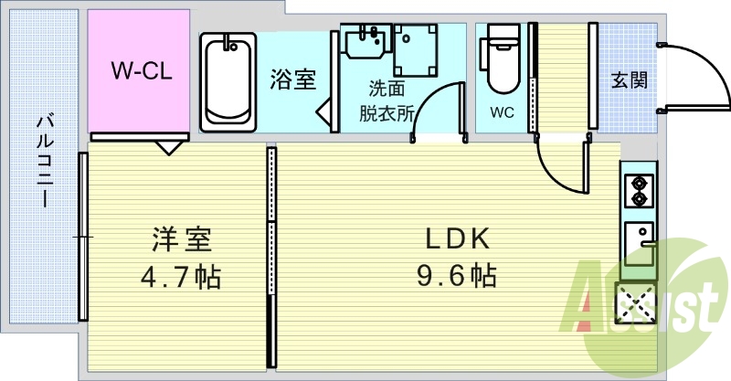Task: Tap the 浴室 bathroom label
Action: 292,79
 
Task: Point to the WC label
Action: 502,114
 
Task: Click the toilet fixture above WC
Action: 503,59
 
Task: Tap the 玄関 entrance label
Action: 630,79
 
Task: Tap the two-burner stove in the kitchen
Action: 637,190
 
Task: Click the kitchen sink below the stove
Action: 639,243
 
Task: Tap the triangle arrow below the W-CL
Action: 167,147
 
